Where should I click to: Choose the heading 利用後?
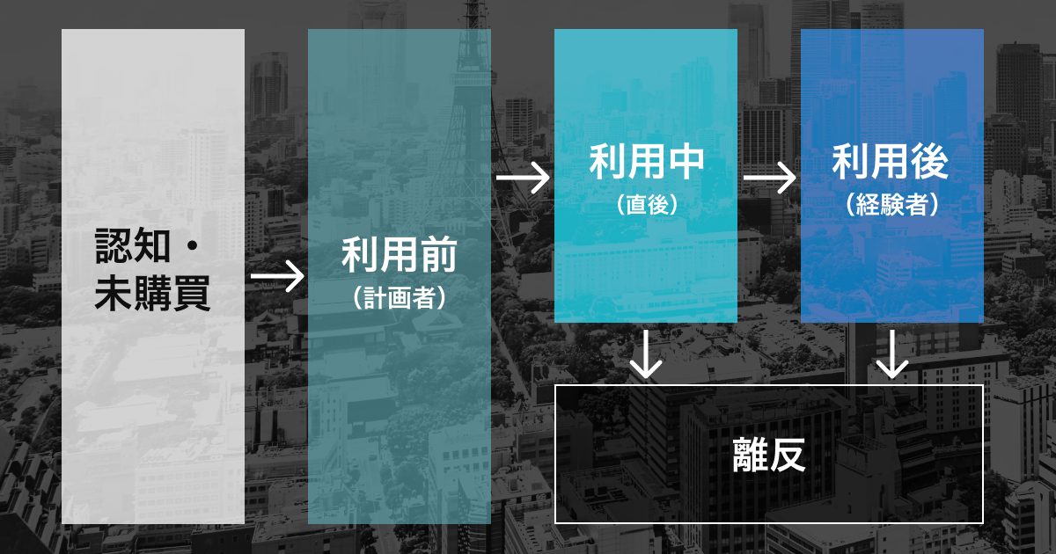pyautogui.click(x=891, y=164)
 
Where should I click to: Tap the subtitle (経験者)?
pyautogui.click(x=891, y=205)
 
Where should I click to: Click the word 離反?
pyautogui.click(x=768, y=455)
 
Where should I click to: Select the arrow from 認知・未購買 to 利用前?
pyautogui.click(x=276, y=277)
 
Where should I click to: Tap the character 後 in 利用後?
pyautogui.click(x=929, y=164)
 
